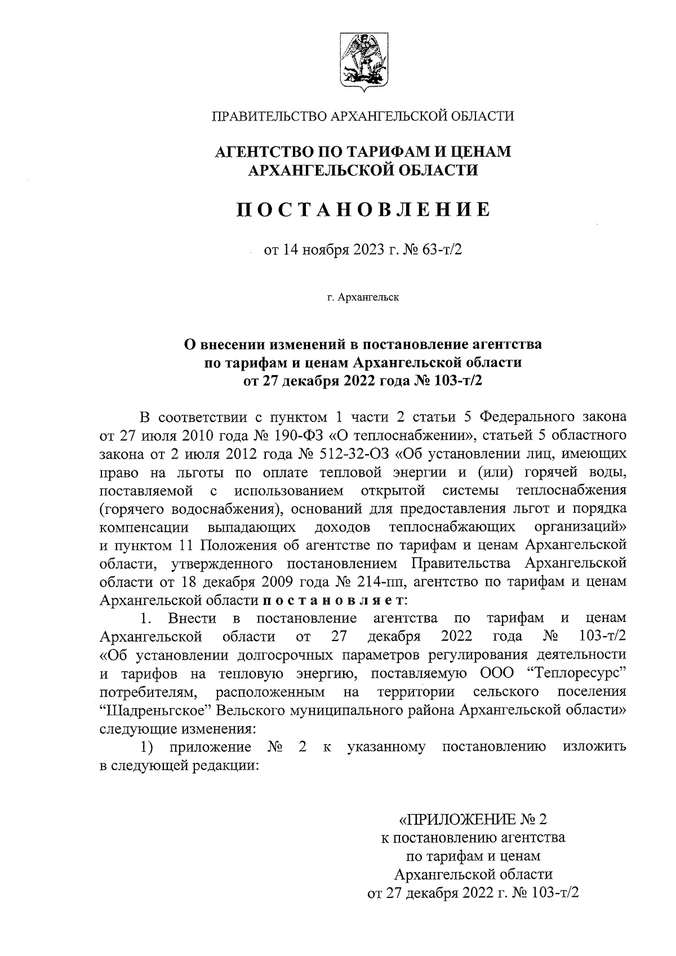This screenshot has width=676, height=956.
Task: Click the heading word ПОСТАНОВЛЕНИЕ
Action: click(x=362, y=210)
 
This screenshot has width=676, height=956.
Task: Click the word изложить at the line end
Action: click(x=594, y=746)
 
